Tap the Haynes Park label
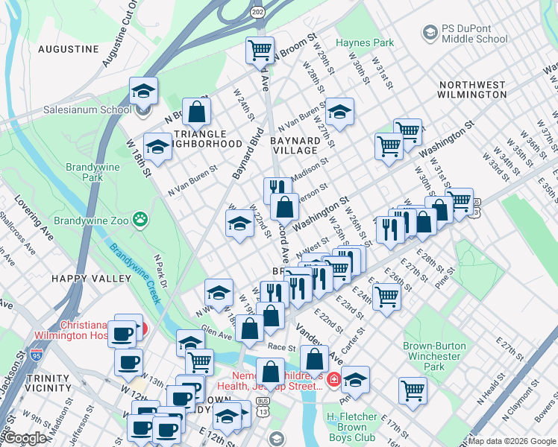[363, 43]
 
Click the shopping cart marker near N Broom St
[260, 51]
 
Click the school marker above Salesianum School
[143, 91]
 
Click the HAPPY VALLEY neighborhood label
[81, 278]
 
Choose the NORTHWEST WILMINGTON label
[473, 89]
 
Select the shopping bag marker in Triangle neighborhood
[197, 112]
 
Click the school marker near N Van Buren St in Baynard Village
[339, 112]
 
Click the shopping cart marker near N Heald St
[413, 389]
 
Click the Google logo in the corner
[25, 438]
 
